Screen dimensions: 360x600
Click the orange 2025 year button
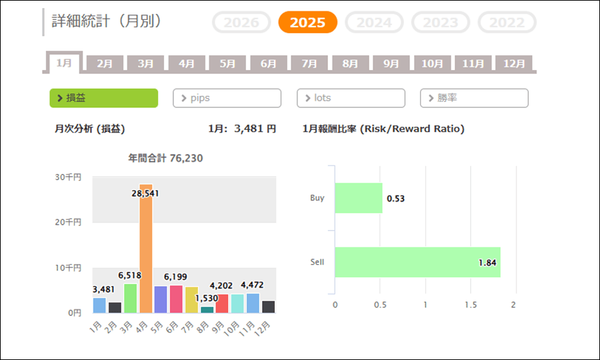coord(307,22)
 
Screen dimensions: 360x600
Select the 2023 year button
coord(441,22)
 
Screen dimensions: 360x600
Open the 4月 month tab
coord(187,64)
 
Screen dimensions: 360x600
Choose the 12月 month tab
coord(514,64)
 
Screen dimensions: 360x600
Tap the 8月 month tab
coord(350,64)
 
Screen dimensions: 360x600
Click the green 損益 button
coord(103,98)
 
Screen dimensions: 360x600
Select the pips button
coord(227,98)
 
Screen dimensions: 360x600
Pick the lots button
coord(351,98)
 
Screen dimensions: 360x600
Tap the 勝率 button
coord(474,98)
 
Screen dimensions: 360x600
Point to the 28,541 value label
coord(145,193)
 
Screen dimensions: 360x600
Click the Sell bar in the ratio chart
coord(417,262)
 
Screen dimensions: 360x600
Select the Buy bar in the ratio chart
coord(359,198)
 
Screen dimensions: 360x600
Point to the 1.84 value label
coord(487,263)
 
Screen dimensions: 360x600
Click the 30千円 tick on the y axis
coord(68,177)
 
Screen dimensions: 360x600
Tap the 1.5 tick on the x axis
coord(470,305)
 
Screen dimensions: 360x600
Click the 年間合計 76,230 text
coord(165,159)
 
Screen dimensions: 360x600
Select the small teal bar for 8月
coord(207,309)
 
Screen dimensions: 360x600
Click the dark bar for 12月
coord(268,307)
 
